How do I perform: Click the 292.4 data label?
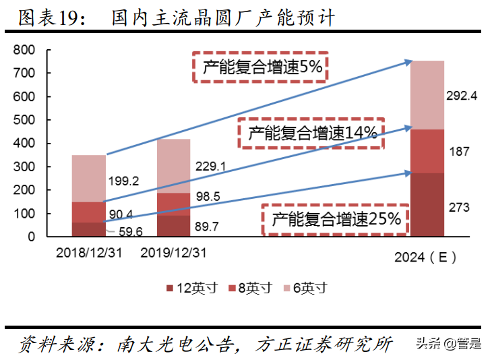pos(462,96)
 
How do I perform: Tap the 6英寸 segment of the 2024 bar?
pos(428,95)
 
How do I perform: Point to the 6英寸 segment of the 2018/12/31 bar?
pos(88,179)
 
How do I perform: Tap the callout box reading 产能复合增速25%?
pos(336,219)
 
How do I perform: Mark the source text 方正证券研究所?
pos(324,344)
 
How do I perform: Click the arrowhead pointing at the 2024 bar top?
pos(408,62)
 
